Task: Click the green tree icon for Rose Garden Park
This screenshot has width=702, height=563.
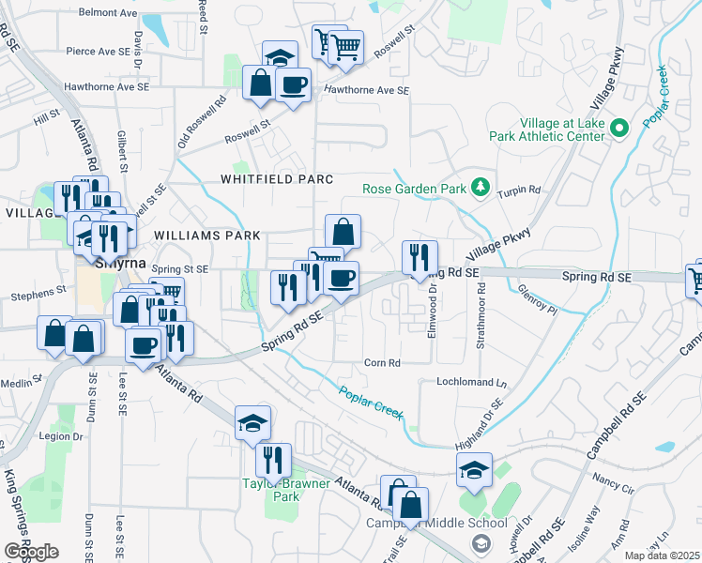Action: coord(481,188)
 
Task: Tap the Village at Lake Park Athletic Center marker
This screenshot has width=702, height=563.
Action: coord(619,129)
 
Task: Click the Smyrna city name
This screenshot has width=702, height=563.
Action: coord(118,264)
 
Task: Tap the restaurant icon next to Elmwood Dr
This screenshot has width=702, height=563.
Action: coord(420,257)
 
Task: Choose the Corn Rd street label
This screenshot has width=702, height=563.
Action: coord(382,362)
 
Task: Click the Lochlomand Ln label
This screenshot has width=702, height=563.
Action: coord(471,383)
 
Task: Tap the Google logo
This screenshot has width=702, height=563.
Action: coord(31,552)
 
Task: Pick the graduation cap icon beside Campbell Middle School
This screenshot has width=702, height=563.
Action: coord(474,471)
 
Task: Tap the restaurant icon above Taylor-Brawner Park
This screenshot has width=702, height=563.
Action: coord(273,459)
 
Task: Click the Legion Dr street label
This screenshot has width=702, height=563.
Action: coord(62,436)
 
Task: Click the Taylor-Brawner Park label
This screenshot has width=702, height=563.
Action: coord(286,490)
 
